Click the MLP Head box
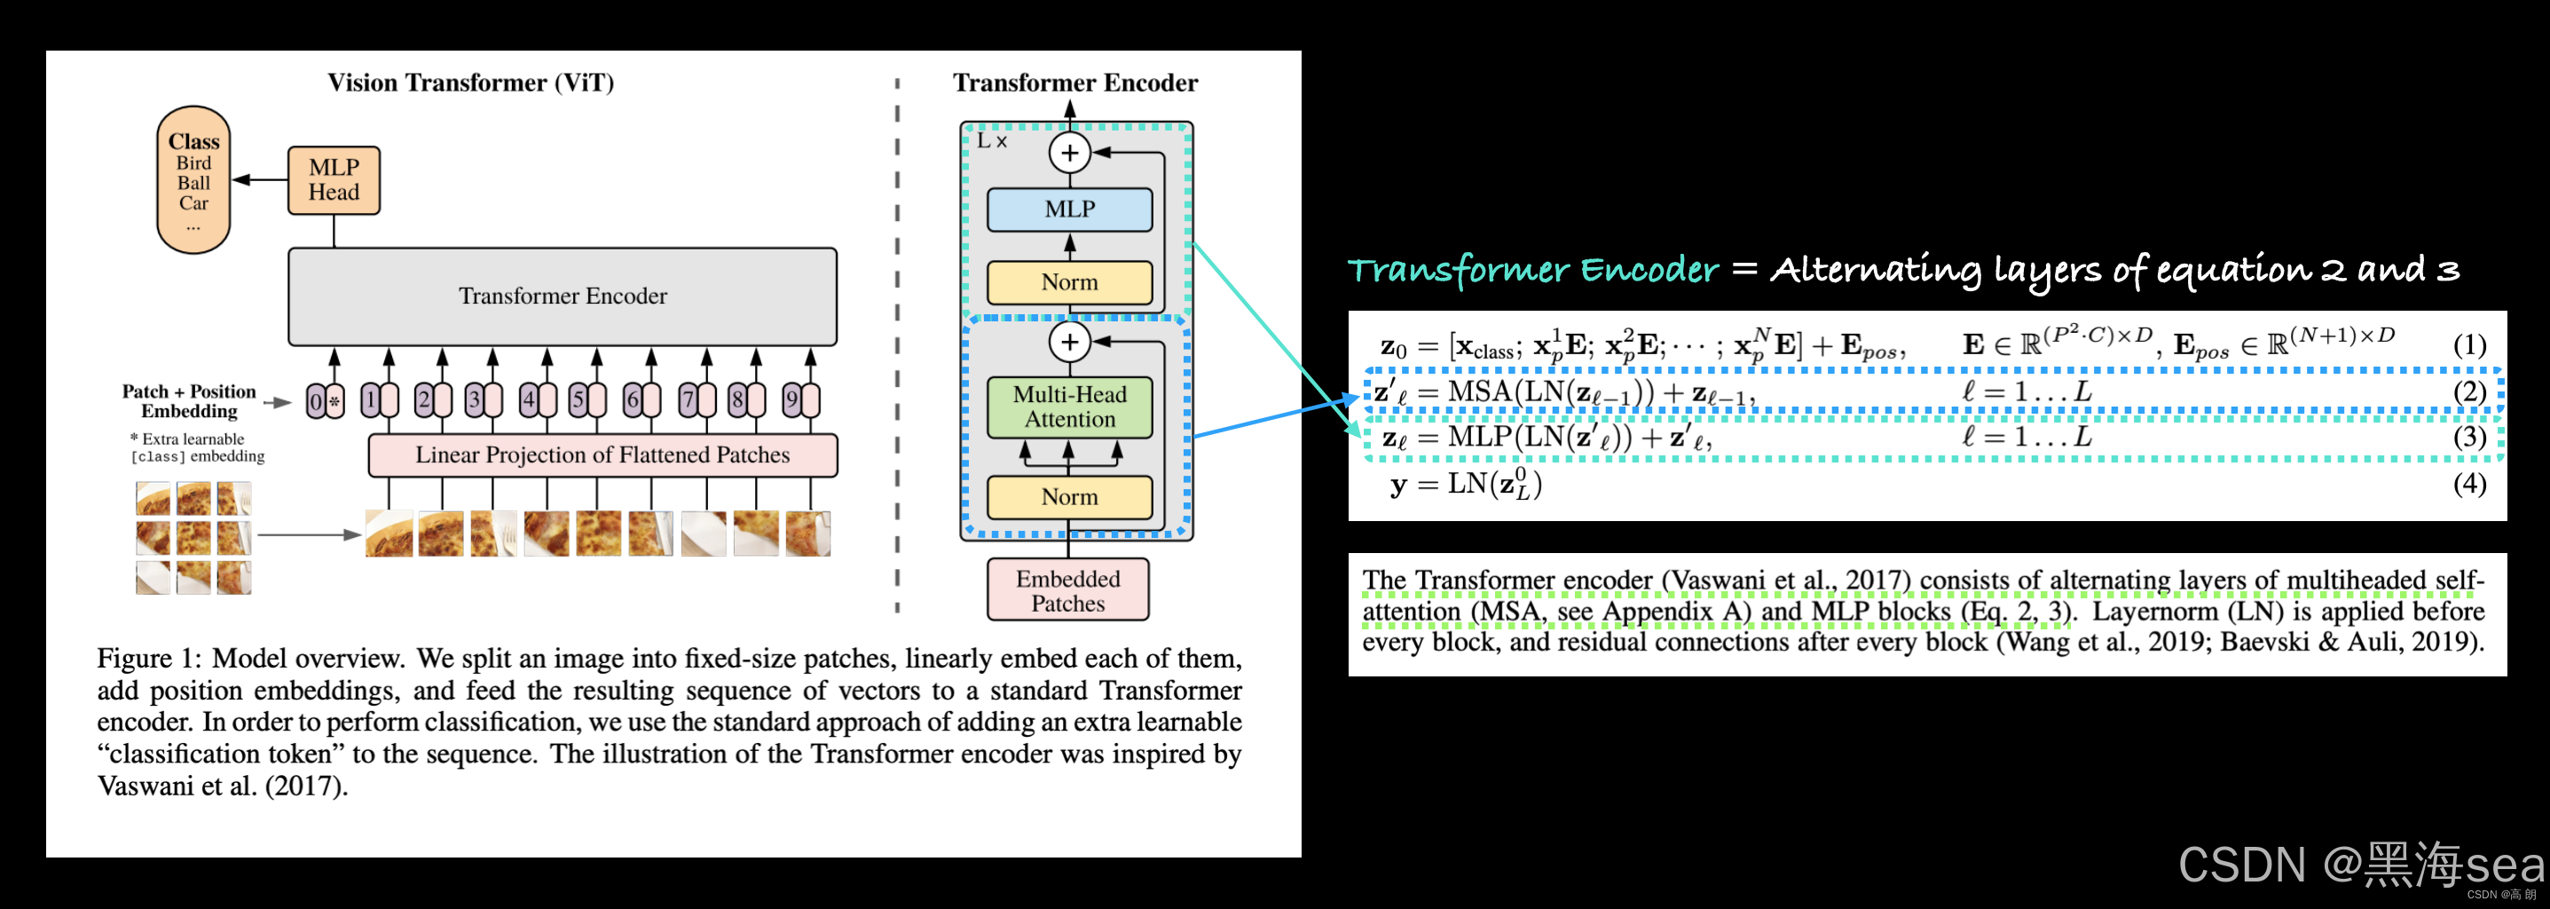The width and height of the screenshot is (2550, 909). point(334,180)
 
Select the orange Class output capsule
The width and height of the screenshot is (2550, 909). point(193,180)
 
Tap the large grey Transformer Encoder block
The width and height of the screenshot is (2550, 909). point(563,296)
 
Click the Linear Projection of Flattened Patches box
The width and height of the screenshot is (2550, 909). point(602,454)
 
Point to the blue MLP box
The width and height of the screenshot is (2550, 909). point(1069,209)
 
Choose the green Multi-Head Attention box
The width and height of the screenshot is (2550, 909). point(1069,407)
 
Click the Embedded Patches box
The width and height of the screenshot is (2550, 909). point(1067,590)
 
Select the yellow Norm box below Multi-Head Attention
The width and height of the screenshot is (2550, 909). point(1069,496)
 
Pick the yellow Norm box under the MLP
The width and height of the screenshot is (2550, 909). point(1069,282)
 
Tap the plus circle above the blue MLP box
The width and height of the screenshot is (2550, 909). point(1069,153)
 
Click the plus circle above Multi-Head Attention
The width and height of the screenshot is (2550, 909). point(1069,342)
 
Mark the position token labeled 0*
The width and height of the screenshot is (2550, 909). point(324,401)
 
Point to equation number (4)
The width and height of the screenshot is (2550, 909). point(2469,483)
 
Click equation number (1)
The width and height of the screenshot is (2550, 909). point(2469,344)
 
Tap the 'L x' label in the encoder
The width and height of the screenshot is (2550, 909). point(991,140)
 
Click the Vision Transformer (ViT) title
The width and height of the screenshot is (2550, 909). point(470,83)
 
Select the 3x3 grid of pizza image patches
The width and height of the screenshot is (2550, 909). point(193,538)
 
